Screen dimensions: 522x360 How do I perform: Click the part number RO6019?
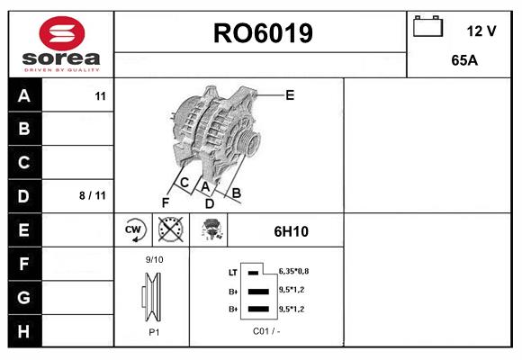click(x=263, y=33)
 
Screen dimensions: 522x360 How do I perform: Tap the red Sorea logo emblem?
click(x=62, y=33)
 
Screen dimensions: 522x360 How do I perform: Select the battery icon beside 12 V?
click(x=427, y=26)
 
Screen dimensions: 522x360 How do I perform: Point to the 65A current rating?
click(x=464, y=60)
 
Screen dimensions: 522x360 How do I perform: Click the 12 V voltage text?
click(x=481, y=31)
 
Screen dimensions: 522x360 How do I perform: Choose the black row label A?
click(x=24, y=95)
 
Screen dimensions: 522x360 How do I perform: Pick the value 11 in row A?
click(x=100, y=96)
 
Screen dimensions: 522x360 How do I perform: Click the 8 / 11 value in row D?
click(x=93, y=195)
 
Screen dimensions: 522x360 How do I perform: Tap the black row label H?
click(x=24, y=331)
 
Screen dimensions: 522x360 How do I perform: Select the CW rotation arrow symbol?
click(x=133, y=229)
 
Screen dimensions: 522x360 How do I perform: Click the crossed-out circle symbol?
click(x=170, y=229)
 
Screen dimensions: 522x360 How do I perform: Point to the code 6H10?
click(x=292, y=231)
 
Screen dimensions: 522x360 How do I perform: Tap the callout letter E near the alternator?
click(x=290, y=95)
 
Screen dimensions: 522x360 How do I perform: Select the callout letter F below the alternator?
click(x=165, y=202)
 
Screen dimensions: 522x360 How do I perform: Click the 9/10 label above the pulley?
click(x=154, y=259)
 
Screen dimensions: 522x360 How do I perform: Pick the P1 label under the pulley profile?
click(x=154, y=332)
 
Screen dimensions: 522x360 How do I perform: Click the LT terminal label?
click(x=233, y=273)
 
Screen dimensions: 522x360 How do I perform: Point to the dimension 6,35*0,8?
click(x=293, y=271)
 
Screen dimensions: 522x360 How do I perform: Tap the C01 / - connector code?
click(x=266, y=331)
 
